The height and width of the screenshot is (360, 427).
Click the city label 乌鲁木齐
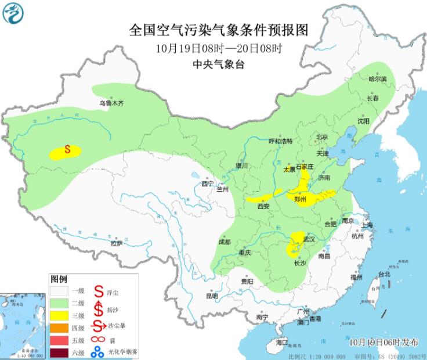(x=111, y=103)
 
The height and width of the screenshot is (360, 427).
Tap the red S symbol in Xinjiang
(x=67, y=150)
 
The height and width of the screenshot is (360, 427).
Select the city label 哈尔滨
(x=377, y=78)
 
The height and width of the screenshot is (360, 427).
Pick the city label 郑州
(x=301, y=199)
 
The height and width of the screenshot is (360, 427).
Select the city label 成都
(x=225, y=242)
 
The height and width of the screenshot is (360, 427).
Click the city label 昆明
(x=212, y=296)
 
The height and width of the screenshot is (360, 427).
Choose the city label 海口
(x=282, y=343)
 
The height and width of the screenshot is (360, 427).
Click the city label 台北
(x=384, y=274)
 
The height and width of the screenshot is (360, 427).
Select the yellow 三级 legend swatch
(x=60, y=315)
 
